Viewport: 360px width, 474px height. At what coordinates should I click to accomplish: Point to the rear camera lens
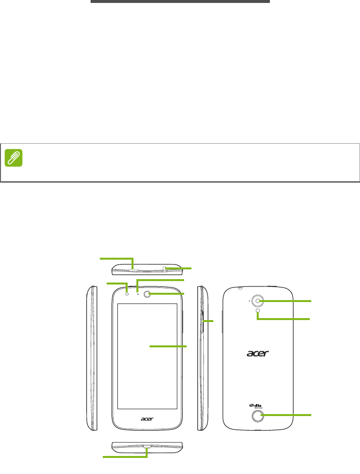click(258, 302)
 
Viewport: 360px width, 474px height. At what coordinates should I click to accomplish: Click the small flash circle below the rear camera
click(257, 311)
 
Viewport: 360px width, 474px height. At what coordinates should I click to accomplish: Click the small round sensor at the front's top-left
click(127, 293)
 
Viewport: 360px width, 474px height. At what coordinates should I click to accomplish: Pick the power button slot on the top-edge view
click(134, 268)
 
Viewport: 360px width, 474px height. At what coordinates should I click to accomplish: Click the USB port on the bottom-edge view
click(148, 446)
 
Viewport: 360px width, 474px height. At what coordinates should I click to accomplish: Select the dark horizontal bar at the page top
click(180, 1)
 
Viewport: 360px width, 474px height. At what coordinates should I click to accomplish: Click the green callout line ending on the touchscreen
click(168, 345)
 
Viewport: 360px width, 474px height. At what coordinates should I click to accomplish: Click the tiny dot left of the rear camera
click(249, 301)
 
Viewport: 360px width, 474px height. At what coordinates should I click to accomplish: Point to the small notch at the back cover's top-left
click(241, 287)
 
